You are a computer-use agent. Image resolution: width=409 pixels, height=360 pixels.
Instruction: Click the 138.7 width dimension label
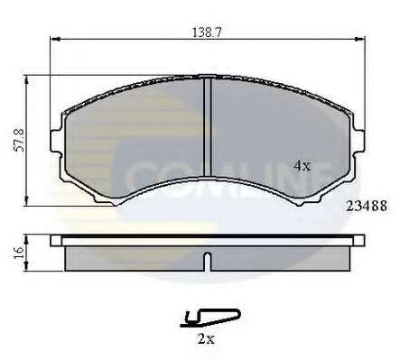tap(207, 32)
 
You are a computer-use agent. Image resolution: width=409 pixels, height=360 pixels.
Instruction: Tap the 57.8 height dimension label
tap(20, 140)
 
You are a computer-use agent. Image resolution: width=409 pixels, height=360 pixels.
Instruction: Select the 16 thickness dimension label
tap(19, 253)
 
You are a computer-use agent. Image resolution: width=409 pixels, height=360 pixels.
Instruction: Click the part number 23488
tap(367, 206)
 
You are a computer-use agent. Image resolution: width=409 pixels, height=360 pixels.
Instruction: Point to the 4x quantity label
tap(302, 166)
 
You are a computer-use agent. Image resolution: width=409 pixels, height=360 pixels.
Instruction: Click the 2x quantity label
tap(206, 339)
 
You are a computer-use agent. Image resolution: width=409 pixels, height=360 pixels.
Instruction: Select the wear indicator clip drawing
tap(210, 318)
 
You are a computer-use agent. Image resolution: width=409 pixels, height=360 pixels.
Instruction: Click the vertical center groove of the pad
tap(208, 127)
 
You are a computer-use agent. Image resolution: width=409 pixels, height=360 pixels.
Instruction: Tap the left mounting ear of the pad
tap(56, 142)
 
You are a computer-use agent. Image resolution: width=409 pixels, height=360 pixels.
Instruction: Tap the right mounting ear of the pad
tap(358, 142)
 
